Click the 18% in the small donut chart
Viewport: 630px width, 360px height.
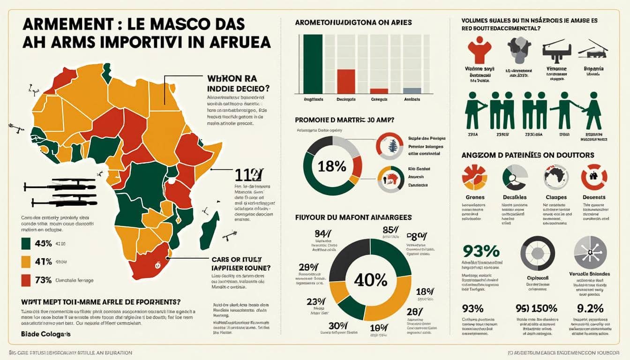[x=332, y=166]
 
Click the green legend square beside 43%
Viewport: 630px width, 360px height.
[x=26, y=244]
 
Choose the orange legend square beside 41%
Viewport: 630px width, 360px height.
[x=26, y=262]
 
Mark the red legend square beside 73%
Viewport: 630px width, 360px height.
[x=26, y=280]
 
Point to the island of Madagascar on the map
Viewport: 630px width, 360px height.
[x=210, y=231]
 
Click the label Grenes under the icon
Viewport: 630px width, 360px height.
[x=474, y=197]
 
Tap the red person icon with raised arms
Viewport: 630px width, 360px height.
[x=480, y=50]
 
